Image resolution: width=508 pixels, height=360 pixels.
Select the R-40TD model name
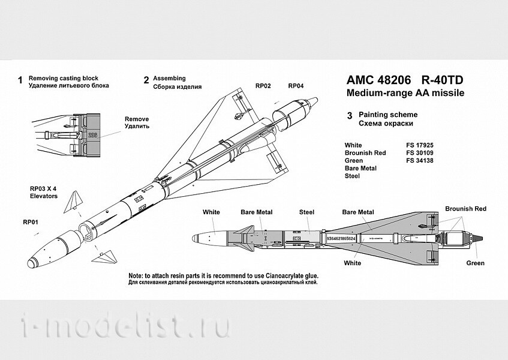click(x=441, y=81)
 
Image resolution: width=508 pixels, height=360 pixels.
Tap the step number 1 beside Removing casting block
click(x=20, y=80)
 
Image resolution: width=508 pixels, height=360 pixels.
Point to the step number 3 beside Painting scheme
click(x=349, y=115)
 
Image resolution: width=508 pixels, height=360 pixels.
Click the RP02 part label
click(x=263, y=86)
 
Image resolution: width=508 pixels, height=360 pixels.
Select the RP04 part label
click(x=296, y=86)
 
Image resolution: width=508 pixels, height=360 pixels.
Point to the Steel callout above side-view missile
click(x=306, y=212)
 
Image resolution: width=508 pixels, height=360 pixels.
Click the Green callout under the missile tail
click(x=475, y=263)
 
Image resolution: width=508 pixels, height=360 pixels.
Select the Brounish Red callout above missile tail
click(x=465, y=209)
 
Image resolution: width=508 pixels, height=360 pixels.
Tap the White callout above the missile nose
click(x=211, y=212)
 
